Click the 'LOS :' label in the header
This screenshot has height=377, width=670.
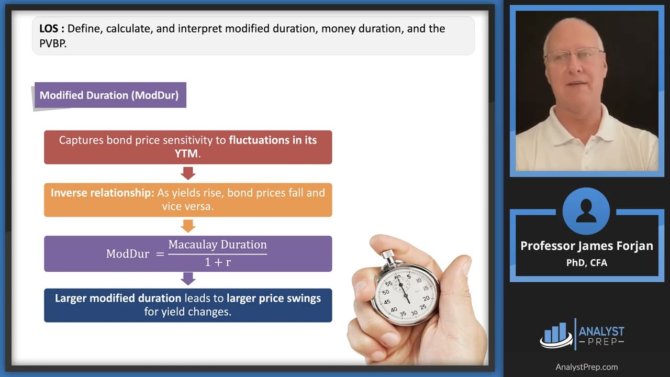[52, 29]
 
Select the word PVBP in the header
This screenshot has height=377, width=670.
[53, 44]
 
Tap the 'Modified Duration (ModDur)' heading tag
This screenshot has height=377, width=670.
[109, 95]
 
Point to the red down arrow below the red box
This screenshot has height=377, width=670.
[188, 173]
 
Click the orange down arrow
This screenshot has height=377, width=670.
[188, 226]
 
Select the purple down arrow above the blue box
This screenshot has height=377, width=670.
[188, 279]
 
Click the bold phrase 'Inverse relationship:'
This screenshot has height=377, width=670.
[102, 193]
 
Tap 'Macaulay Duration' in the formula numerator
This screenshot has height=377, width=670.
[217, 245]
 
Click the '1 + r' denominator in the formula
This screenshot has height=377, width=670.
[217, 262]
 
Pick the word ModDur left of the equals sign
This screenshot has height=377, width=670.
[127, 254]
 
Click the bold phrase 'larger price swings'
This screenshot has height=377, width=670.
[274, 298]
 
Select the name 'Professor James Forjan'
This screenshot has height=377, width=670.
[586, 246]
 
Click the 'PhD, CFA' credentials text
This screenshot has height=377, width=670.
[586, 263]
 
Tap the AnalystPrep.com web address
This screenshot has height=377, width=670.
[586, 367]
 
